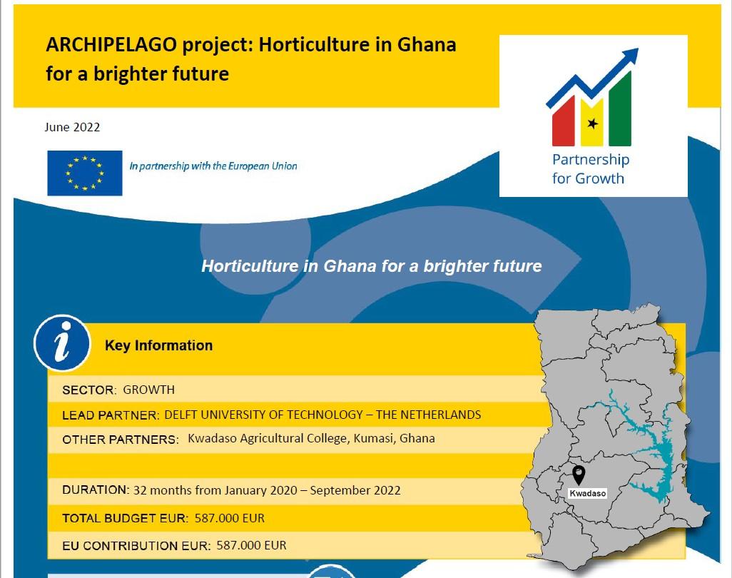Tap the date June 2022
click(x=72, y=128)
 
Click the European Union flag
click(x=85, y=173)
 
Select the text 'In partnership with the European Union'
click(x=213, y=166)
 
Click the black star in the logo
click(x=591, y=123)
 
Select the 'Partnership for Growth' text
click(x=590, y=169)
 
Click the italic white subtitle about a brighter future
click(x=371, y=266)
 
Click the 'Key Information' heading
click(x=158, y=345)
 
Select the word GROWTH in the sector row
click(x=148, y=390)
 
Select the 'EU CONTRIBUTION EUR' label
click(x=136, y=546)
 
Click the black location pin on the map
click(x=579, y=475)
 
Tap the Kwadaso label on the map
click(x=587, y=494)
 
